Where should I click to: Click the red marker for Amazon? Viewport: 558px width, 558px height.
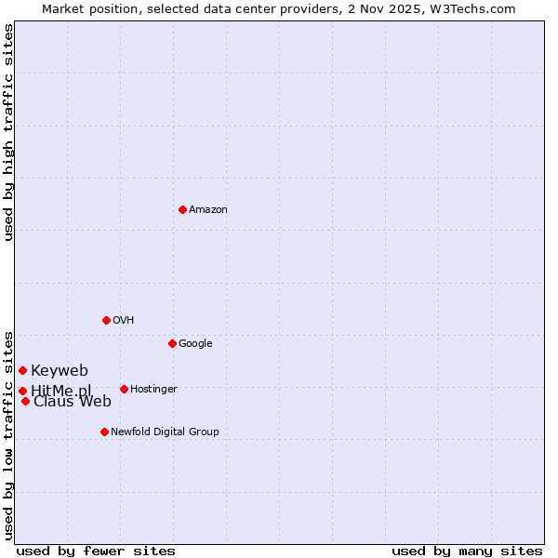(182, 209)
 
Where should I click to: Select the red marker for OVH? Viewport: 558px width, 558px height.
(106, 320)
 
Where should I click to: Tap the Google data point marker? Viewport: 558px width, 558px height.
(172, 343)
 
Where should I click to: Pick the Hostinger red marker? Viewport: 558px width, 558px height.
(124, 389)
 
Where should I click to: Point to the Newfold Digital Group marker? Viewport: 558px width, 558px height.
(104, 432)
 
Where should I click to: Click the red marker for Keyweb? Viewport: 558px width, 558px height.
(22, 370)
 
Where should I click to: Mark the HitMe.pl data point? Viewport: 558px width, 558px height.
(22, 391)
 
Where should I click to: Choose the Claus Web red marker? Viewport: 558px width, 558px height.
(25, 401)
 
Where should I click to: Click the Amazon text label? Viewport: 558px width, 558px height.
(208, 210)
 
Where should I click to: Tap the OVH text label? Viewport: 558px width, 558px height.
(124, 321)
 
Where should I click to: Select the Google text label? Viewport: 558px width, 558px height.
(195, 344)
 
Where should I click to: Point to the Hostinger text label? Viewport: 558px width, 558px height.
(153, 390)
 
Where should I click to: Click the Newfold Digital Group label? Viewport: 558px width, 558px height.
(165, 432)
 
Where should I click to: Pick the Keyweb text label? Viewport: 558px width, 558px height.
(60, 371)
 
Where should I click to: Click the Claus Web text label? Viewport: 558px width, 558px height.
(73, 402)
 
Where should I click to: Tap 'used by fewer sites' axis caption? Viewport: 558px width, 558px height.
(96, 551)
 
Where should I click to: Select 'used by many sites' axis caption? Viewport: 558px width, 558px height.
(467, 551)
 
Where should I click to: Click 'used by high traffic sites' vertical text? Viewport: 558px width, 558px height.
(9, 132)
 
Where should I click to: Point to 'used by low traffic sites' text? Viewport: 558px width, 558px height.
(9, 434)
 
